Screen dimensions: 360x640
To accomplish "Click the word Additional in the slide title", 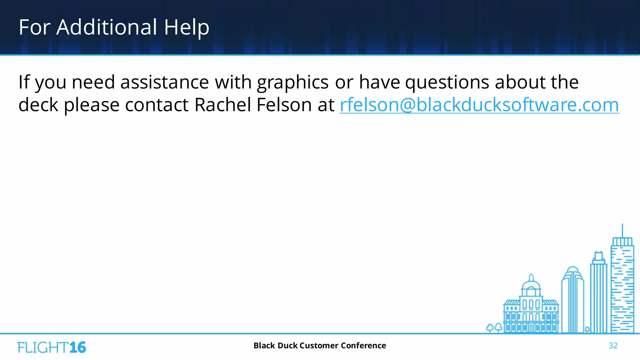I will [x=107, y=27].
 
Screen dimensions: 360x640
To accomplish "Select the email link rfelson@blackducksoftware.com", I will [x=479, y=105].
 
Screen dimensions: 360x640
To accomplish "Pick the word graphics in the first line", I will [x=292, y=82].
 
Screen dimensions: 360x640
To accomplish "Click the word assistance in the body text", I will [x=165, y=82].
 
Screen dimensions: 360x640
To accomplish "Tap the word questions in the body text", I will [x=447, y=82].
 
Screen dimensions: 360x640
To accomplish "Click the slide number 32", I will [x=613, y=346].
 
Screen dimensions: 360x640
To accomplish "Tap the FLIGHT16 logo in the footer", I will [x=52, y=347].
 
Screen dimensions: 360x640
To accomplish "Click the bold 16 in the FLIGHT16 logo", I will [x=77, y=347].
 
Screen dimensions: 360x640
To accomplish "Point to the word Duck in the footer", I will [x=287, y=346].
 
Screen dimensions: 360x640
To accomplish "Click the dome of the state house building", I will [x=531, y=284].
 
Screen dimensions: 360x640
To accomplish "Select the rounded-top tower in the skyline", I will [x=572, y=300].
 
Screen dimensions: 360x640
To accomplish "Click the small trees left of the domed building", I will [x=494, y=328].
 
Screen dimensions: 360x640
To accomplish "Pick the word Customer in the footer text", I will [x=319, y=346].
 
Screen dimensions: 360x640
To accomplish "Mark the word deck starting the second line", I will [x=38, y=105].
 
